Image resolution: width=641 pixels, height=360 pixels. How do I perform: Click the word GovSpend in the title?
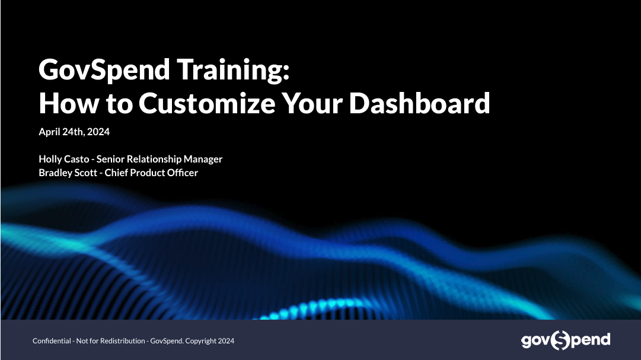(x=104, y=70)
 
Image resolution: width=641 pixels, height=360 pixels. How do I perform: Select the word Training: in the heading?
(x=234, y=70)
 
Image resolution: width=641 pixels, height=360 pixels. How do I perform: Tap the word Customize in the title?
(x=207, y=103)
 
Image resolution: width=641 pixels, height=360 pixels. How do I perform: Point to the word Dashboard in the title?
(x=419, y=103)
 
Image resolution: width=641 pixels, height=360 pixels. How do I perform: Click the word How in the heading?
(x=69, y=103)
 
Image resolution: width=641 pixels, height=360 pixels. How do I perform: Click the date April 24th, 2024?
(x=74, y=132)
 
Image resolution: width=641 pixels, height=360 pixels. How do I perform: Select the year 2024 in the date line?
(x=98, y=132)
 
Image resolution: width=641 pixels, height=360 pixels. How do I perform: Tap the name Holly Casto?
(x=64, y=159)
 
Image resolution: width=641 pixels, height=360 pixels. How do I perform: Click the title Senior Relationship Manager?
(x=160, y=159)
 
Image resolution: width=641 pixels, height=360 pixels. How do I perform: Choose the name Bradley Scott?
(x=68, y=173)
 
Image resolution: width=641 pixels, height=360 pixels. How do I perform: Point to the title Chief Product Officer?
(x=151, y=173)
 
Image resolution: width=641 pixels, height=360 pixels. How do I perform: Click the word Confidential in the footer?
(x=52, y=341)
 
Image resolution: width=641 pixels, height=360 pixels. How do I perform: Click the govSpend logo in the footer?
(x=566, y=340)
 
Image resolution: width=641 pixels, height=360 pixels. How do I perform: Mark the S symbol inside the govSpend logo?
(x=560, y=340)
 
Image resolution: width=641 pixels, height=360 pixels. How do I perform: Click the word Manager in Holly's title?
(x=203, y=159)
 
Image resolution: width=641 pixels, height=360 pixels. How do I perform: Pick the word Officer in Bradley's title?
(x=182, y=173)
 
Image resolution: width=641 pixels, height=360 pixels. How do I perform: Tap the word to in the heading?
(x=119, y=103)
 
